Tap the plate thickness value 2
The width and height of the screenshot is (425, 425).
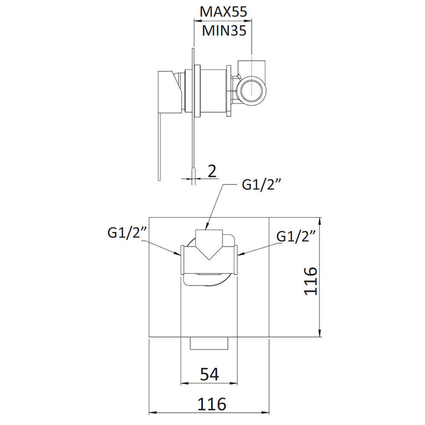click(211, 171)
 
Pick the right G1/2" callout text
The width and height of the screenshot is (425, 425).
click(298, 235)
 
